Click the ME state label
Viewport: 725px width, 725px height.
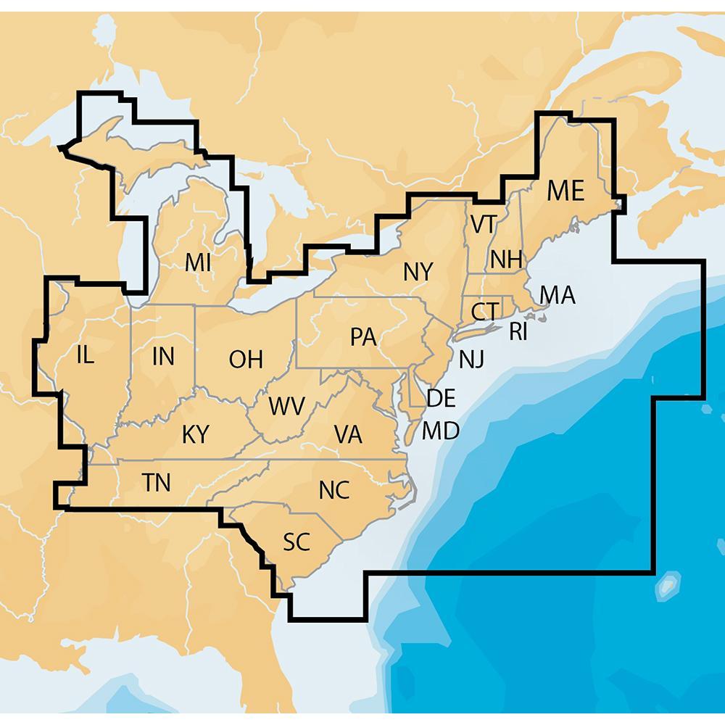565,191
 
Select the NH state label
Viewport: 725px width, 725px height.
507,259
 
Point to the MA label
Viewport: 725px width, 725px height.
558,295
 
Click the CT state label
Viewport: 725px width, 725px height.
484,312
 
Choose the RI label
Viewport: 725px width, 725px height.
518,332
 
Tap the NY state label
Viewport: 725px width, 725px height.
418,273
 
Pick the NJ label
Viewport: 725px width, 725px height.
471,357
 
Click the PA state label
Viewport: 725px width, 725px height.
362,337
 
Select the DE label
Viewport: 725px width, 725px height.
441,397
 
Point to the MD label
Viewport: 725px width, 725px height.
441,431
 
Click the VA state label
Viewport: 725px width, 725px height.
348,434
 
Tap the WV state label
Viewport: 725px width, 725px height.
286,406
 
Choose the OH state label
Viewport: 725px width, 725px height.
246,359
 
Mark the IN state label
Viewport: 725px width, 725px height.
163,356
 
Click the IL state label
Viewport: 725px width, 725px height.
85,355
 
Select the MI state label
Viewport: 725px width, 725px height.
198,262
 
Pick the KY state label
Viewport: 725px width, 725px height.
196,434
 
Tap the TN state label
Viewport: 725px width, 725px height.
157,482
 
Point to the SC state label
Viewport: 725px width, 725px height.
297,541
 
